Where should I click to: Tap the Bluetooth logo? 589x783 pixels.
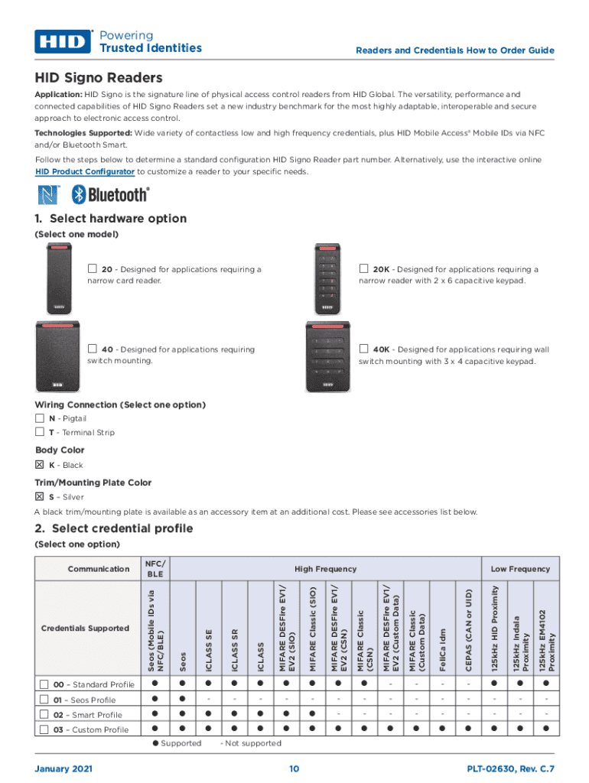[110, 194]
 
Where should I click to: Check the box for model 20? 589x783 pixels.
[92, 269]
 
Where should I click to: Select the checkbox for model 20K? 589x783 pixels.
[364, 269]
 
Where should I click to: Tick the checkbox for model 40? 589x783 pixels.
[92, 349]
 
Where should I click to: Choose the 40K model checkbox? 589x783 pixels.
[364, 349]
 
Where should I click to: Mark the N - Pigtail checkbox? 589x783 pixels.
[40, 418]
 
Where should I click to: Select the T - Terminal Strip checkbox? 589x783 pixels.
[40, 432]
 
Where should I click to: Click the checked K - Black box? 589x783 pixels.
[40, 465]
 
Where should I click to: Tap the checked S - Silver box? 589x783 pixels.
[40, 497]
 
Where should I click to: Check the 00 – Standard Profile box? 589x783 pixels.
[44, 684]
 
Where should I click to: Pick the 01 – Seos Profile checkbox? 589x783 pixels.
[44, 700]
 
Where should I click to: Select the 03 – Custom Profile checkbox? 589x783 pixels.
[44, 729]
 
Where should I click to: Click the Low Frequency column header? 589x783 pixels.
[520, 569]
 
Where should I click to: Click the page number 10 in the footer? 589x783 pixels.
[294, 768]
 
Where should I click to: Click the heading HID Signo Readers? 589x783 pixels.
[98, 78]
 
